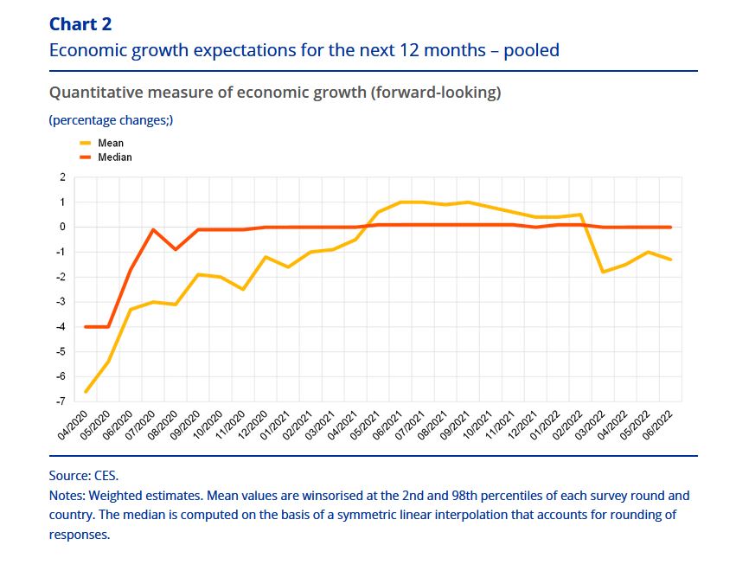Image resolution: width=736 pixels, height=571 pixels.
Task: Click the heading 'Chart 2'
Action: pos(80,23)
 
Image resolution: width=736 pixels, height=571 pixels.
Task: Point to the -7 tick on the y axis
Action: pos(61,402)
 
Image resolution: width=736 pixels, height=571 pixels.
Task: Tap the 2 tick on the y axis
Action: pos(62,176)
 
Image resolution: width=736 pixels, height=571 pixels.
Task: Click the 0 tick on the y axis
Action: pos(62,227)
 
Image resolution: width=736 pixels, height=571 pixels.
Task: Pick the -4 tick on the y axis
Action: pos(61,327)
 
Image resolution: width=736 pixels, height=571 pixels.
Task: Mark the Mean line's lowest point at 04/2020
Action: pos(86,392)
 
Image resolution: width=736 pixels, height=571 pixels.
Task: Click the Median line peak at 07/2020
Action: pos(153,229)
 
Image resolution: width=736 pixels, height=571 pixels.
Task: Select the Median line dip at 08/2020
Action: pos(176,249)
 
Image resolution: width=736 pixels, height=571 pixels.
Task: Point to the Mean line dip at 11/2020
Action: pos(242,289)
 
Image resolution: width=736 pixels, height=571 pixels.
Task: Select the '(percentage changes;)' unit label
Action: pos(111,119)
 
